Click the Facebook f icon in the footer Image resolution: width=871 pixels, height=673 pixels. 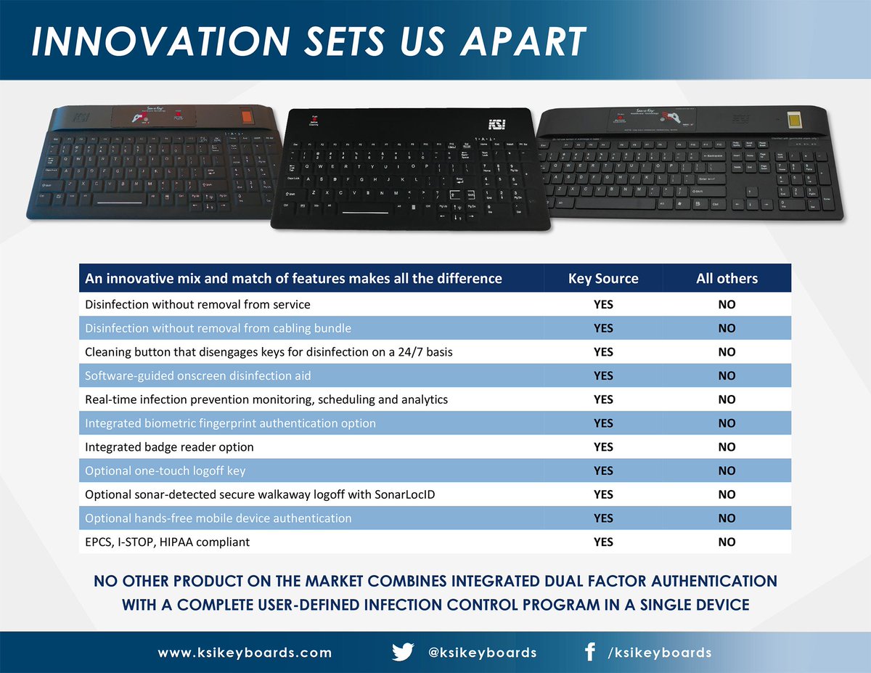point(589,652)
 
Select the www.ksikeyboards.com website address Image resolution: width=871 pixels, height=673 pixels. point(245,653)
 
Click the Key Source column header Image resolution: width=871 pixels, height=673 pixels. point(602,279)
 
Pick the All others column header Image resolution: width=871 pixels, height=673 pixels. point(727,279)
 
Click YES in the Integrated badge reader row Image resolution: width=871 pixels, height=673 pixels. point(603,447)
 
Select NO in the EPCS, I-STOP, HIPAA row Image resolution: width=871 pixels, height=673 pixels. point(727,542)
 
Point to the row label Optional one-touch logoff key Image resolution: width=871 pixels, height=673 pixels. point(165,471)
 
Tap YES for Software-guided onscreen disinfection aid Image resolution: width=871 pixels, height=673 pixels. point(603,376)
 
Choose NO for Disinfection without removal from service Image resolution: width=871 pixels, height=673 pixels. point(727,305)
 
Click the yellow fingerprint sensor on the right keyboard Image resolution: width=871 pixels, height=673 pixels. point(790,119)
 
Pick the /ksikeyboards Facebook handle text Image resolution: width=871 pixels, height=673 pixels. point(659,653)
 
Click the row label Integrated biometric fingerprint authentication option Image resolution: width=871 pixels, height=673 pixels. point(230,423)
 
